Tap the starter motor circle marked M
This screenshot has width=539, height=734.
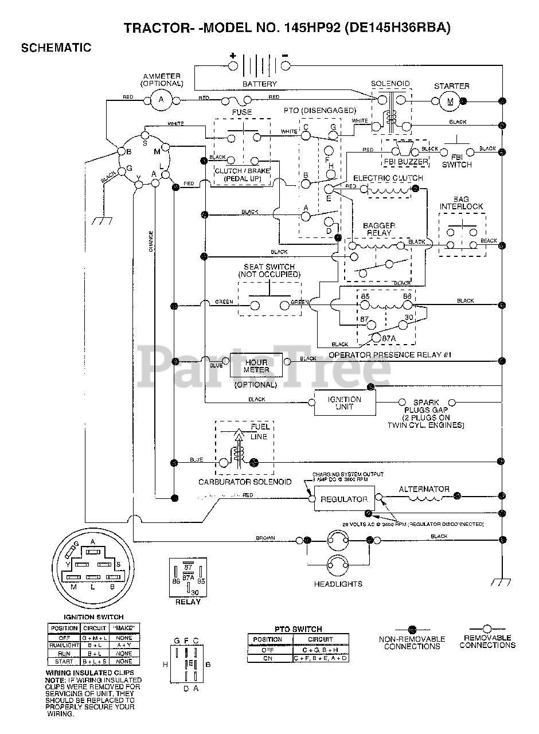coord(450,101)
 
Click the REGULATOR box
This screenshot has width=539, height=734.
coord(343,499)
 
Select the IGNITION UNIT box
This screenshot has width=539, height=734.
coord(345,403)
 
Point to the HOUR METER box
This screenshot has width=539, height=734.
coord(256,366)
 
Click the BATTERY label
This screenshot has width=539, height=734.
coord(259,84)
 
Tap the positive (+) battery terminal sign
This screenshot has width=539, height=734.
coord(233,56)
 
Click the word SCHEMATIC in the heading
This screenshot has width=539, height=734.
coord(56,48)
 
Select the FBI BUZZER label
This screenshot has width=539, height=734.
coord(405,162)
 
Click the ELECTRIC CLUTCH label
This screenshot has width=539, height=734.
coord(388,178)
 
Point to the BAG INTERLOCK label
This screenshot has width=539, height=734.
coord(461,202)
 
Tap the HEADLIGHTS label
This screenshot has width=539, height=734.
coord(338,584)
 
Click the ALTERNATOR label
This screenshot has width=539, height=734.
coord(424,489)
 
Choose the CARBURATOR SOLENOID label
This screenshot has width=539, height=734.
coord(245,482)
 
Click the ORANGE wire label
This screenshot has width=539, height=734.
coord(151,241)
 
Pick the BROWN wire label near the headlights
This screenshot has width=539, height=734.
coord(265,538)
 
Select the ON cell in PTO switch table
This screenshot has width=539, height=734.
coord(268,658)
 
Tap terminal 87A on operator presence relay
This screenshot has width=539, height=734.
coord(390,338)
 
